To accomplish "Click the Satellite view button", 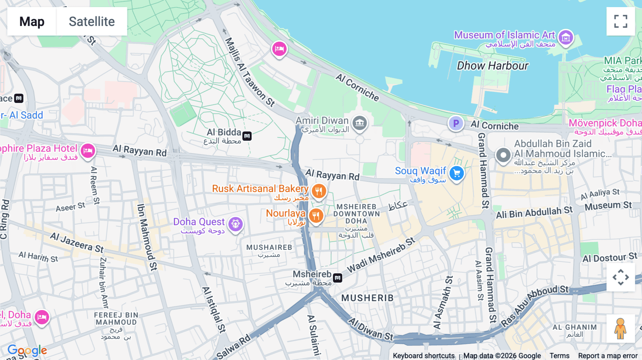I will (92, 21).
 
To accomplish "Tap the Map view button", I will (32, 21).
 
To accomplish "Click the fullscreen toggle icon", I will (621, 21).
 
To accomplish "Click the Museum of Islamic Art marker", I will (566, 37).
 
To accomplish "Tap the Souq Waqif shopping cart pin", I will (457, 174).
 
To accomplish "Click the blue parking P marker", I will (456, 123).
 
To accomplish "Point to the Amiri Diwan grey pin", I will (360, 123).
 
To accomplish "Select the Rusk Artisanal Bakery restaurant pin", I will (319, 191).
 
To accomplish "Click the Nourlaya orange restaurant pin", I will (316, 215).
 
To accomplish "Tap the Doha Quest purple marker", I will (235, 224).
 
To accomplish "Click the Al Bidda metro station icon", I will (247, 136).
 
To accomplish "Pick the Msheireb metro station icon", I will (337, 277).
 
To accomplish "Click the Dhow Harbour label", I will (493, 66).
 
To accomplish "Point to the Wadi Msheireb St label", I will (381, 255).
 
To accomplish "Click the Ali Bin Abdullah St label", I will (534, 212).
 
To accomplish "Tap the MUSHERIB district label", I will (367, 298).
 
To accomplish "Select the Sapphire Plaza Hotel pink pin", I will (88, 151).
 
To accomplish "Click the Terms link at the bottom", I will (559, 356).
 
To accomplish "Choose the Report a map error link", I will (608, 356).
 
